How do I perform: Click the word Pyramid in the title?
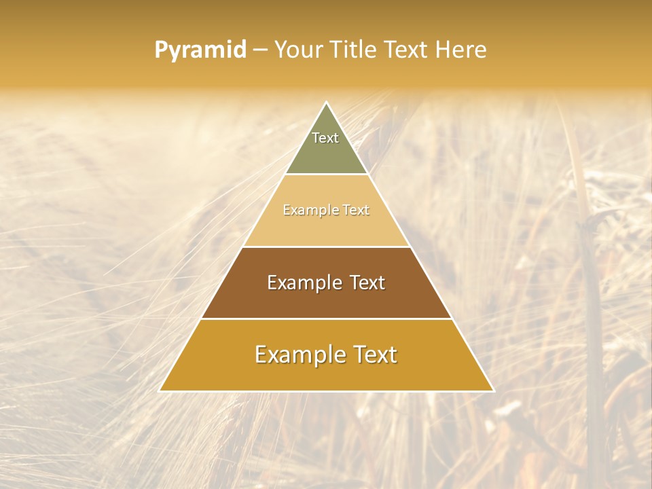point(200,50)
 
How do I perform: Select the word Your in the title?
point(298,50)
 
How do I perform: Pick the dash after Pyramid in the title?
point(259,50)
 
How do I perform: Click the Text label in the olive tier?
point(325,138)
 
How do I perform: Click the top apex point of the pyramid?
point(327,103)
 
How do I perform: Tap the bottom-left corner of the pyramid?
point(160,391)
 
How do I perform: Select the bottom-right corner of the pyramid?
point(493,391)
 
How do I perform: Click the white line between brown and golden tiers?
point(327,319)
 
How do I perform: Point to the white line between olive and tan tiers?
point(327,175)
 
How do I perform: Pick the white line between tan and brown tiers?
point(327,247)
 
